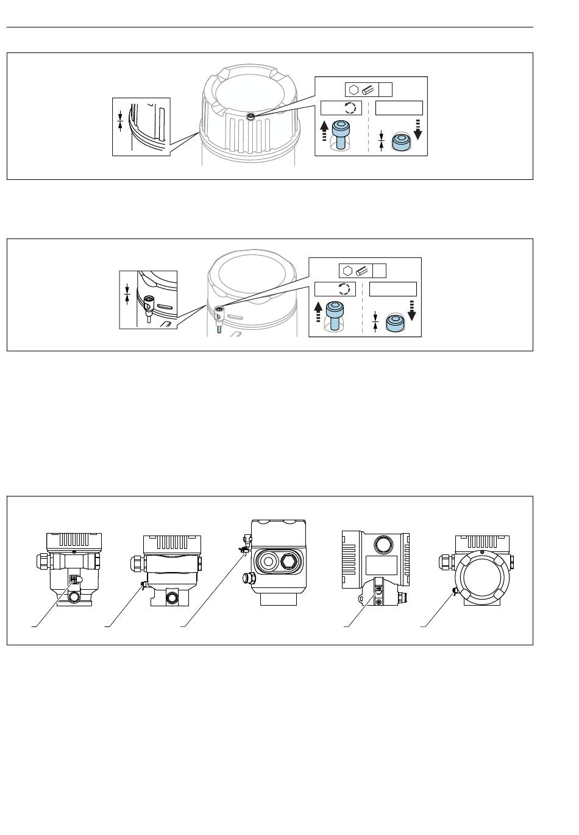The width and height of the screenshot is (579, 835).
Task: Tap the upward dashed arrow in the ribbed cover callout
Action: click(324, 131)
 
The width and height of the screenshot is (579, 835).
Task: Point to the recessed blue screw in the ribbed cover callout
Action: click(400, 142)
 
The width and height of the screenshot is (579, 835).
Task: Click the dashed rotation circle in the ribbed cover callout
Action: click(349, 109)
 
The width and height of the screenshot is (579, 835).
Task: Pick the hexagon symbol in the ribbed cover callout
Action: click(353, 89)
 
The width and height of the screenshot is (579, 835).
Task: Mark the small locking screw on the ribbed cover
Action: click(250, 116)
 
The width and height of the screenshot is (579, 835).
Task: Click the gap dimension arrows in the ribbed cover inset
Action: click(120, 119)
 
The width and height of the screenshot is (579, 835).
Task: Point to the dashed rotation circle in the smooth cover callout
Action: click(344, 289)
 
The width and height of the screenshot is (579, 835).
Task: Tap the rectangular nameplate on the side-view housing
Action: click(381, 564)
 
